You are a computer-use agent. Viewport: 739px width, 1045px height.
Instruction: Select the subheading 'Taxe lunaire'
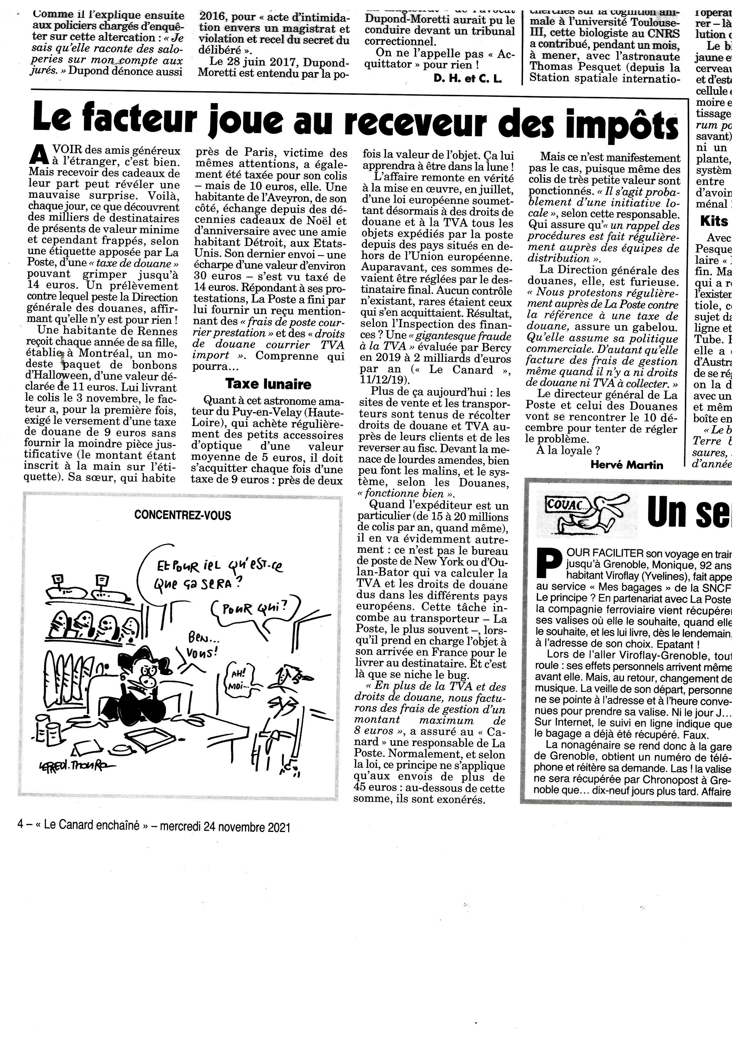tap(268, 384)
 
